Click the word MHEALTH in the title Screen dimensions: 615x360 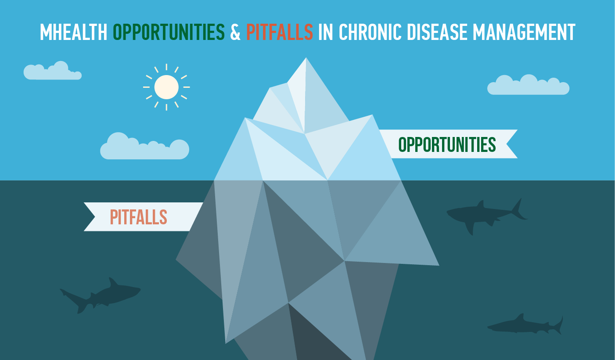point(74,32)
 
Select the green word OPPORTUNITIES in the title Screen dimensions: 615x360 point(169,32)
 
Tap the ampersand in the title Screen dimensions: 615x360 point(235,32)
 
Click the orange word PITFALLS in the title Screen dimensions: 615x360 point(280,32)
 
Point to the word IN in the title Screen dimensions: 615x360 point(326,32)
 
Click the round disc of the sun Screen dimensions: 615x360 point(166,87)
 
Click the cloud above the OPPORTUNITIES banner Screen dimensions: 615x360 point(528,86)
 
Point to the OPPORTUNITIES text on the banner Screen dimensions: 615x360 point(447,144)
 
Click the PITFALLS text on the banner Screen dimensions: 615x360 point(138,217)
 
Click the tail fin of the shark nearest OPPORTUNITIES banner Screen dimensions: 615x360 point(518,209)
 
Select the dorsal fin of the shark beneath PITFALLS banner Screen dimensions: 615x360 point(112,283)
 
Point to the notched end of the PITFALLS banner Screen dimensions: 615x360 point(94,217)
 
